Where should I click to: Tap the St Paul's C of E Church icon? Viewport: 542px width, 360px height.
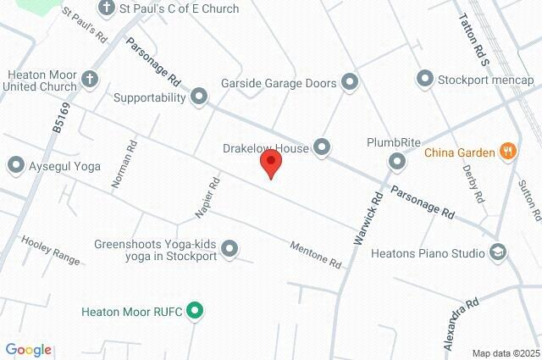point(106,8)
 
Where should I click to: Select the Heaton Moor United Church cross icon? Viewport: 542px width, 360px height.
point(91,80)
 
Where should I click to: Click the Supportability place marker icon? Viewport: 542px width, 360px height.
point(199,97)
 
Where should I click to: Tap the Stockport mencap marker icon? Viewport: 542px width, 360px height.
point(424,80)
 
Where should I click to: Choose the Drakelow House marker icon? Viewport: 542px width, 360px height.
point(322,148)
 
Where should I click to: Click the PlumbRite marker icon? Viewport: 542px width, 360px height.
point(396,160)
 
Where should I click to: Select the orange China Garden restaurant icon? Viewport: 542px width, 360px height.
point(508,152)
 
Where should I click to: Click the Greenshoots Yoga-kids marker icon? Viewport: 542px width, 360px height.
point(230,248)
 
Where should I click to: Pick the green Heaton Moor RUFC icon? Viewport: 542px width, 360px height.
point(195,311)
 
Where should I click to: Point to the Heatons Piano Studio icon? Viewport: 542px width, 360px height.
point(498,252)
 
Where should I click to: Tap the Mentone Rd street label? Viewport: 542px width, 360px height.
point(315,253)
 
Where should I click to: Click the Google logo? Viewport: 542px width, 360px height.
point(28,350)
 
